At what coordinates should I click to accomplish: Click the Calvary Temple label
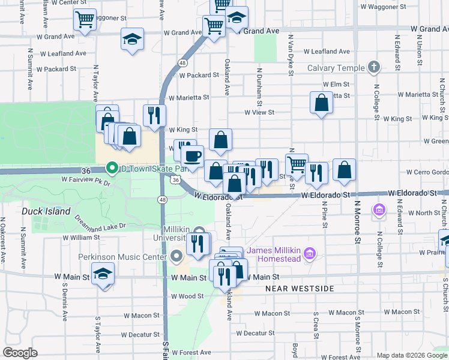tap(336, 68)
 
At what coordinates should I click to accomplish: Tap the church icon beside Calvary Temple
tap(374, 67)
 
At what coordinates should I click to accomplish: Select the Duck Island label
tap(46, 211)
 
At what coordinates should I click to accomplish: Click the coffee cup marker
tap(192, 157)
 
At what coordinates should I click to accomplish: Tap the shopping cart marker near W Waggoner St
tap(85, 19)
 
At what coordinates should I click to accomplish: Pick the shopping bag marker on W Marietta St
tap(322, 102)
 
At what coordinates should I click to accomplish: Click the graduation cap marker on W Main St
tap(103, 274)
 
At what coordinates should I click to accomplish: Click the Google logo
tap(20, 353)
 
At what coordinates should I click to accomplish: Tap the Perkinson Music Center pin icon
tap(176, 257)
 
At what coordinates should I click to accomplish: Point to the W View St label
tap(259, 112)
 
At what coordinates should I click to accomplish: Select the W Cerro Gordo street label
tap(427, 172)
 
